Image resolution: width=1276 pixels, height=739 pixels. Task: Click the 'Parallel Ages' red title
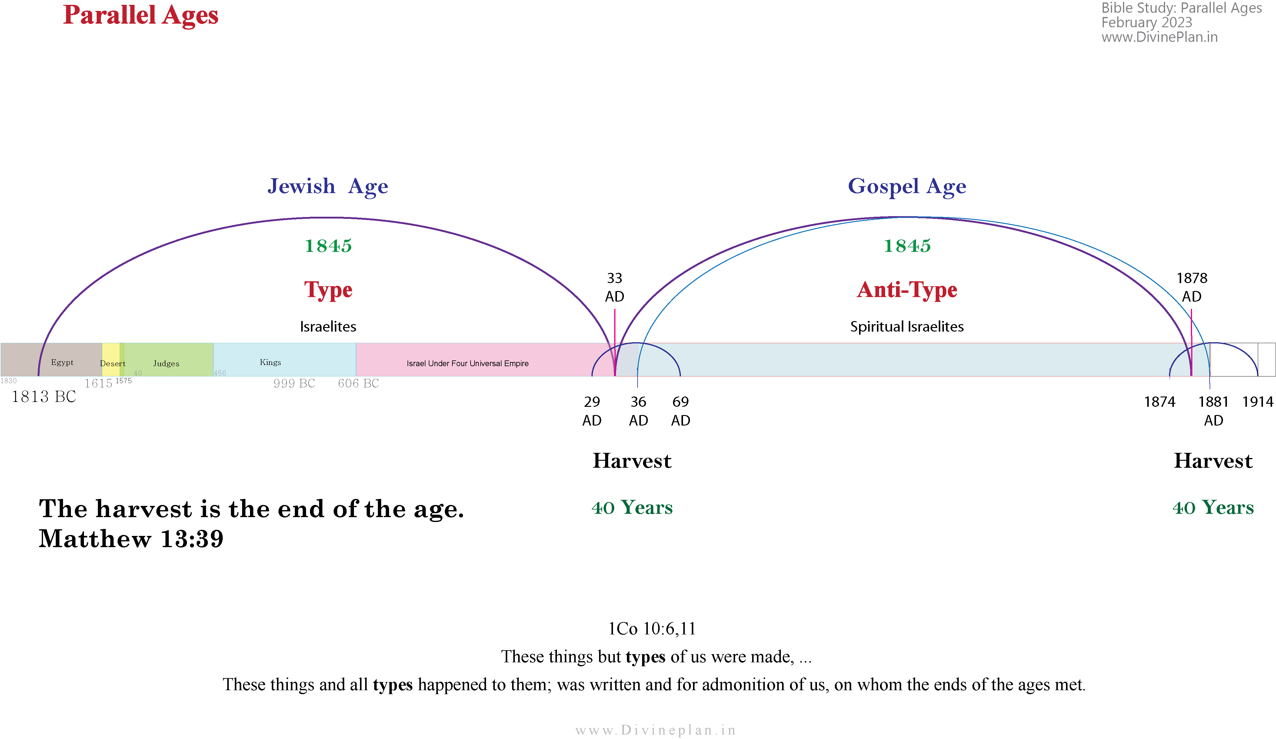(141, 15)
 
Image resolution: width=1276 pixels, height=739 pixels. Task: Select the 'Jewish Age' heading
(328, 186)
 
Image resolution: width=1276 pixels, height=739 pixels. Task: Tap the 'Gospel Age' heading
(907, 186)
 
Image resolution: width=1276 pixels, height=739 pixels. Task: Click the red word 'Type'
(328, 290)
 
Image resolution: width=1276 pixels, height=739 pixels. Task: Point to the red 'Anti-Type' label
(907, 290)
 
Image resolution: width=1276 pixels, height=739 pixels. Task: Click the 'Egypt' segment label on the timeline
(62, 362)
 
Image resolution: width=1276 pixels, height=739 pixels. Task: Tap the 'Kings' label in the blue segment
(270, 362)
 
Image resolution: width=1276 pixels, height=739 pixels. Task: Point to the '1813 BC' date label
(44, 396)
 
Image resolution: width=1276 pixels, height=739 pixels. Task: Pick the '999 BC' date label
(294, 383)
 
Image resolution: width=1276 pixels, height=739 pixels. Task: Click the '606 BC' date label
(358, 383)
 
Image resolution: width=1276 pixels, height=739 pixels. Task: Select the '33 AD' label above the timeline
(615, 287)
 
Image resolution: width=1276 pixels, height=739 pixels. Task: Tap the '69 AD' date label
(681, 411)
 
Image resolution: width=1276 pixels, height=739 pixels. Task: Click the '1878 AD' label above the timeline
(1192, 287)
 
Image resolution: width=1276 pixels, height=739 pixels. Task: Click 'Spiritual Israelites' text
(907, 327)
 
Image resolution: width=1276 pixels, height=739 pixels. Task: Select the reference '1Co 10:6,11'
(652, 629)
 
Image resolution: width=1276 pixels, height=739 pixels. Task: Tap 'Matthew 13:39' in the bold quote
(131, 538)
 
